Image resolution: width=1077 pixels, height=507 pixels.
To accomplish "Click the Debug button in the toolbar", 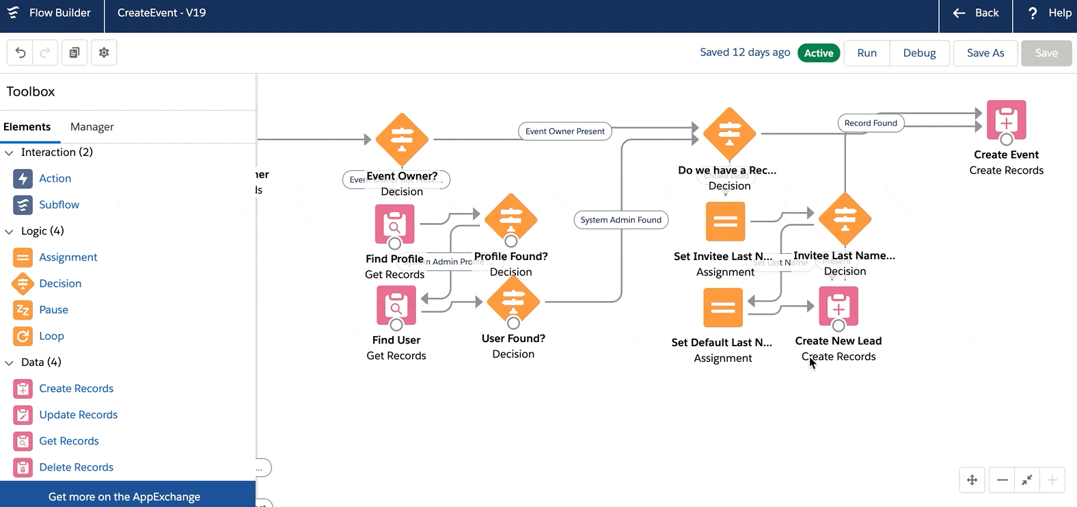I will point(919,53).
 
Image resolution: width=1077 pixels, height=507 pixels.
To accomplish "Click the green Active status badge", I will point(819,53).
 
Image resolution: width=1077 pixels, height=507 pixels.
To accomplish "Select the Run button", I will point(867,53).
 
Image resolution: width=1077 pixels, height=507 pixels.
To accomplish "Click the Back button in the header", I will point(976,13).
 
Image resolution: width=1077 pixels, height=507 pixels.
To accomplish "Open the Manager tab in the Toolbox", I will point(92,127).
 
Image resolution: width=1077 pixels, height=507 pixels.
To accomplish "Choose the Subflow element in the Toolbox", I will point(59,205).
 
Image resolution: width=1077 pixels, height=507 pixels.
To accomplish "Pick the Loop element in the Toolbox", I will point(51,336).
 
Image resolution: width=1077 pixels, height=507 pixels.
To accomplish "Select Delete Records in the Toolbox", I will point(76,467).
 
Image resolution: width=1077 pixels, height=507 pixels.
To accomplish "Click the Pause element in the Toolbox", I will point(53,310).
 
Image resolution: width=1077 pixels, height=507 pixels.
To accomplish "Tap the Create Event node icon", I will point(1006,120).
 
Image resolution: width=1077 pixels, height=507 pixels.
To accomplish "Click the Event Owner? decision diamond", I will point(402,139).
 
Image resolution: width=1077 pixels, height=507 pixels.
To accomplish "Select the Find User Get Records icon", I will point(396,305).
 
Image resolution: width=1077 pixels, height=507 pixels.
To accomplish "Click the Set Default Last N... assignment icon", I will point(723,308).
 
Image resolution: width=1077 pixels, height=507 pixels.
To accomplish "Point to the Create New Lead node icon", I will point(839,306).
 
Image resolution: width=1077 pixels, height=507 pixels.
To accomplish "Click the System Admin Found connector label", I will point(621,220).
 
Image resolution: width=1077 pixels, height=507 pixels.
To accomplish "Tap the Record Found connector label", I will point(871,123).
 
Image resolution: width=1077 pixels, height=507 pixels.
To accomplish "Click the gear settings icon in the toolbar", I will point(104,53).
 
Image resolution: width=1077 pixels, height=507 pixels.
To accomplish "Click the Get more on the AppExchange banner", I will point(124,497).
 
